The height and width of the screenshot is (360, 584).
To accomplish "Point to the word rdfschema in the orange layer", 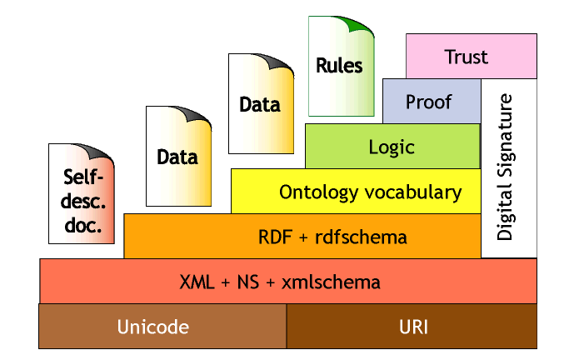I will [x=362, y=237].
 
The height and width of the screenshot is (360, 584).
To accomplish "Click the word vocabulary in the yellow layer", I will [x=412, y=192].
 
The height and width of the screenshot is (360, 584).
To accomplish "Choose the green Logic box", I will [x=392, y=147].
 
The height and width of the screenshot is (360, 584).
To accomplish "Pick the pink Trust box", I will [x=467, y=57].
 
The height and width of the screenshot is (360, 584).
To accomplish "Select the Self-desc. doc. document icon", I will [x=81, y=194].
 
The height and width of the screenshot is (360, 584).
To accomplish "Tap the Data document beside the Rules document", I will [x=260, y=104].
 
